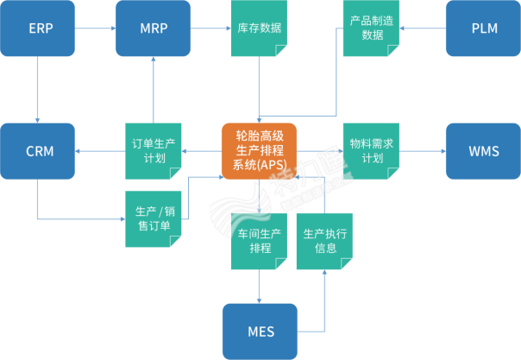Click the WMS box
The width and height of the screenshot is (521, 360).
pyautogui.click(x=482, y=152)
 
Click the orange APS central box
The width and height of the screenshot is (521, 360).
pyautogui.click(x=259, y=152)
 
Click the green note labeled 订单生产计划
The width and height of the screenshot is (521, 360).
pyautogui.click(x=153, y=152)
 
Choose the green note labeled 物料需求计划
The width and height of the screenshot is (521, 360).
pyautogui.click(x=373, y=152)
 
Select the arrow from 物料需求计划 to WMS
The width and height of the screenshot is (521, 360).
pyautogui.click(x=423, y=152)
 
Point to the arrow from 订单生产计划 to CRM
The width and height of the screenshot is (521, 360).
pyautogui.click(x=100, y=152)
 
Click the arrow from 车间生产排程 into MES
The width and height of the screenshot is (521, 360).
pyautogui.click(x=260, y=285)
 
